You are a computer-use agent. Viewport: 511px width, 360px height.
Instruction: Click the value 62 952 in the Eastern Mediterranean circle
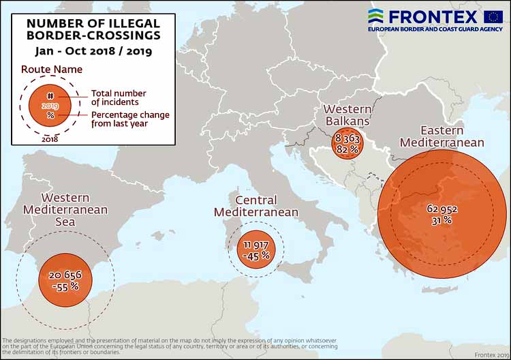[442, 209]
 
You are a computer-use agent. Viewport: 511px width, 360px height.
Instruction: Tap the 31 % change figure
[441, 220]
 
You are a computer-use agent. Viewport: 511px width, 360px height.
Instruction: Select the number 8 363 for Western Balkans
[347, 138]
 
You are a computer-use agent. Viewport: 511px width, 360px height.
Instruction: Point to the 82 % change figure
[347, 149]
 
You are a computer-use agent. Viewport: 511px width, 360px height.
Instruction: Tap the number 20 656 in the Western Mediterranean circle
[67, 275]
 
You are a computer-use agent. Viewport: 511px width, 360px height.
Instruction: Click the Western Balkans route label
[347, 115]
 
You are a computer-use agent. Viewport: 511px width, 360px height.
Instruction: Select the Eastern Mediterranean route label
[442, 136]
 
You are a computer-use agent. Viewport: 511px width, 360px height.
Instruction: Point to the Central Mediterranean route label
[255, 206]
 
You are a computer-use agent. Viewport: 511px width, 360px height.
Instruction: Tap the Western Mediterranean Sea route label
[65, 209]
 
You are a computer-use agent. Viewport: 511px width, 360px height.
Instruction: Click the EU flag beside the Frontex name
[493, 17]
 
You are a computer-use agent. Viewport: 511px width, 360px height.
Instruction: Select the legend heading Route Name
[52, 69]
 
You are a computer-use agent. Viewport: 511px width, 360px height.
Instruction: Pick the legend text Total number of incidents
[119, 97]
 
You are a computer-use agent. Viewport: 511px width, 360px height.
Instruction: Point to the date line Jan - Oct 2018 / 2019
[93, 50]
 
